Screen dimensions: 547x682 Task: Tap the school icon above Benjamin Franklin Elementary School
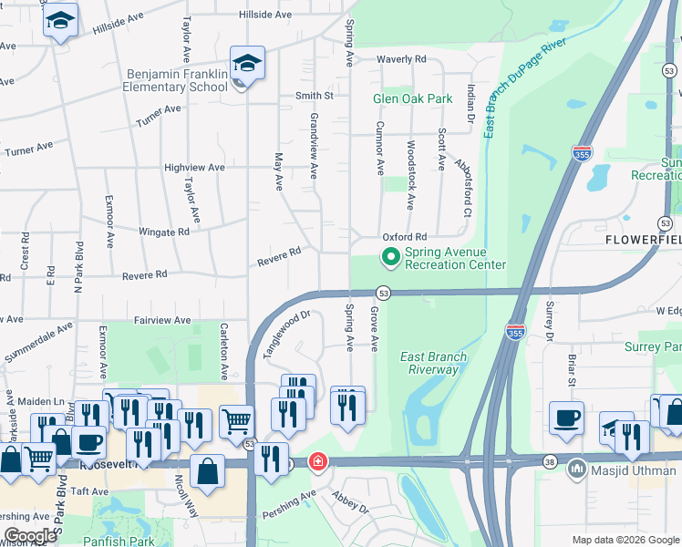tap(247, 63)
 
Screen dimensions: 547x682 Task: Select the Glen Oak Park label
tap(412, 98)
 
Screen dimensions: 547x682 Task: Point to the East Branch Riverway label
tap(434, 363)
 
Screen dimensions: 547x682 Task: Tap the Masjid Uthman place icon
tap(575, 470)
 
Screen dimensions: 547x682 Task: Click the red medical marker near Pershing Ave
tap(317, 462)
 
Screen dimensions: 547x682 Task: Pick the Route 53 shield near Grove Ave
tap(384, 293)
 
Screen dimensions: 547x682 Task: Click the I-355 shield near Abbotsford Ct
tap(581, 154)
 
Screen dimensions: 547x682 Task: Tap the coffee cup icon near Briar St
tap(567, 418)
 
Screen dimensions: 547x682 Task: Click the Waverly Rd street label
tap(402, 59)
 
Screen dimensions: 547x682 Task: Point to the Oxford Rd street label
tap(404, 236)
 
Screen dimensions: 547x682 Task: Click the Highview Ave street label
tap(194, 168)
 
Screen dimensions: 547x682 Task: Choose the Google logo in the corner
tap(29, 536)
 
